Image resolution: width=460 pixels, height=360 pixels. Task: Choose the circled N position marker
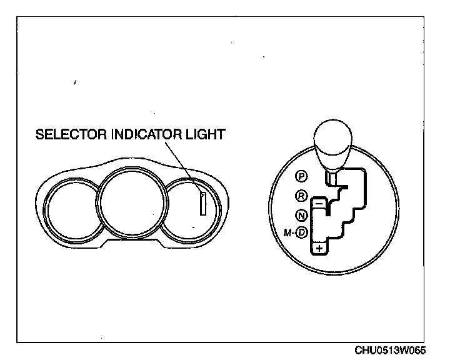click(x=301, y=216)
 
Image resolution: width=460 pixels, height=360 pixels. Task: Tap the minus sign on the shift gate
click(x=319, y=203)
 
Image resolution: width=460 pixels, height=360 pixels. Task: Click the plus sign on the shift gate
click(x=319, y=249)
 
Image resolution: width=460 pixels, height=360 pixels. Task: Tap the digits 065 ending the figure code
click(x=423, y=351)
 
